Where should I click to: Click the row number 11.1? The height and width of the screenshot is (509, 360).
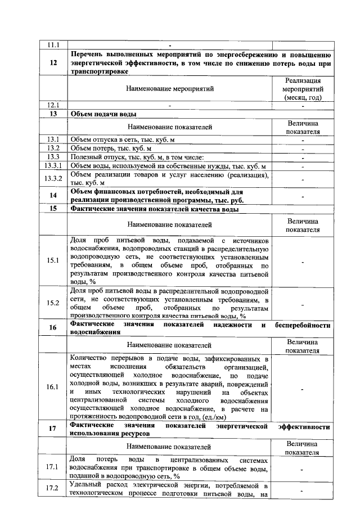pos(53,45)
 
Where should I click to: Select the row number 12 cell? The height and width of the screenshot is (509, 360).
pos(53,63)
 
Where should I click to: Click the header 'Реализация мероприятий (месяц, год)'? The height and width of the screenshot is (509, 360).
pos(303,89)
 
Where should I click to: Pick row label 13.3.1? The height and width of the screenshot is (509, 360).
pos(53,166)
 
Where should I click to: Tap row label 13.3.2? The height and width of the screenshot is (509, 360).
pos(53,178)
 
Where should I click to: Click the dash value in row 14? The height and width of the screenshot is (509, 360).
pos(303,196)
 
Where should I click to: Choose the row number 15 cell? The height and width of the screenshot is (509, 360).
pos(53,209)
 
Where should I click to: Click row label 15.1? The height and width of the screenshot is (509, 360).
pos(53,261)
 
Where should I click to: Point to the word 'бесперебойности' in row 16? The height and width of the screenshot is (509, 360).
pos(302,326)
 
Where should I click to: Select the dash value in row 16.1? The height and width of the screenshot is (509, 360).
pos(303,388)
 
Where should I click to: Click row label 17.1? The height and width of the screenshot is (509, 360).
pos(53,467)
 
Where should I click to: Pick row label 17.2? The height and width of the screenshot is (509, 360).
pos(53,489)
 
